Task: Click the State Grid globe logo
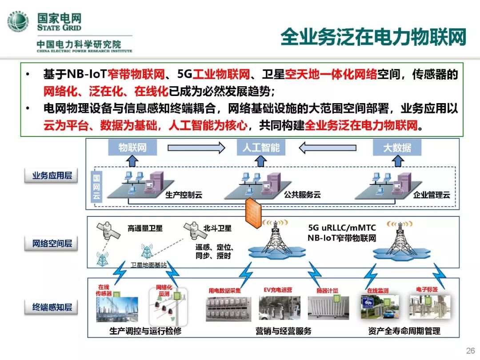[x=18, y=21]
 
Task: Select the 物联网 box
[x=132, y=148]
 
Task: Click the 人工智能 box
[x=261, y=148]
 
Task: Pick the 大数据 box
[x=397, y=148]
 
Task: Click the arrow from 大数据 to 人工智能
[x=329, y=148]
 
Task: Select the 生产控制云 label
[x=184, y=195]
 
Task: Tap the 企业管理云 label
[x=432, y=195]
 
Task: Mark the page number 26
[x=470, y=351]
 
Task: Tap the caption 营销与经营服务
[x=283, y=331]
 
